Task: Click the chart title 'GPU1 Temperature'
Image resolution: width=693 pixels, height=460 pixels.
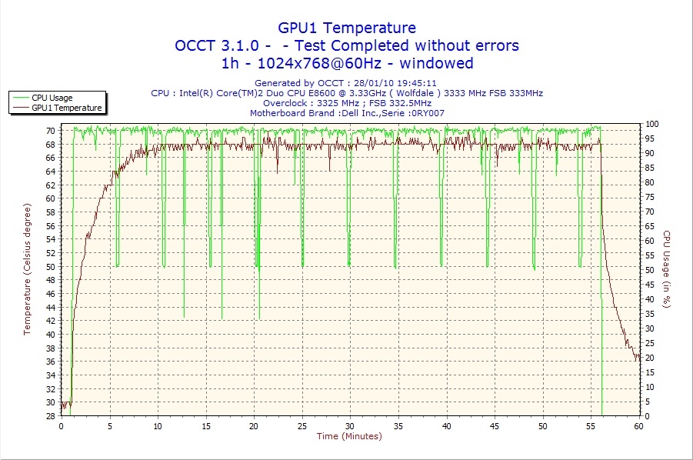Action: [347, 28]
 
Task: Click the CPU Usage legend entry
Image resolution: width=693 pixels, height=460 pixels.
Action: [52, 98]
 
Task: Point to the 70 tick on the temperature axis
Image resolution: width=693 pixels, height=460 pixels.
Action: [50, 131]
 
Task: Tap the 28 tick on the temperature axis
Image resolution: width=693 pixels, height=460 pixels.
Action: [50, 416]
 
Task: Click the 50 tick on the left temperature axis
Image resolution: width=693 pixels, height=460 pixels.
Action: [50, 267]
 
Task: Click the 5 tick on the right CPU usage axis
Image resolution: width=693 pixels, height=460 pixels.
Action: [649, 402]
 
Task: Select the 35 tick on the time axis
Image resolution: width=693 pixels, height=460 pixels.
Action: [398, 425]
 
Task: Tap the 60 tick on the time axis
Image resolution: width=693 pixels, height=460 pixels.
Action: [638, 425]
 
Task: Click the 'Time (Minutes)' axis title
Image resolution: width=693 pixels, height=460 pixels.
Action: [349, 436]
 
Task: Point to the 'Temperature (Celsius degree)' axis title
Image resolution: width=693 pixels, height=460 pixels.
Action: [28, 269]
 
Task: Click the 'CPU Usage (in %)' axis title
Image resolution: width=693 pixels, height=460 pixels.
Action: [668, 269]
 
